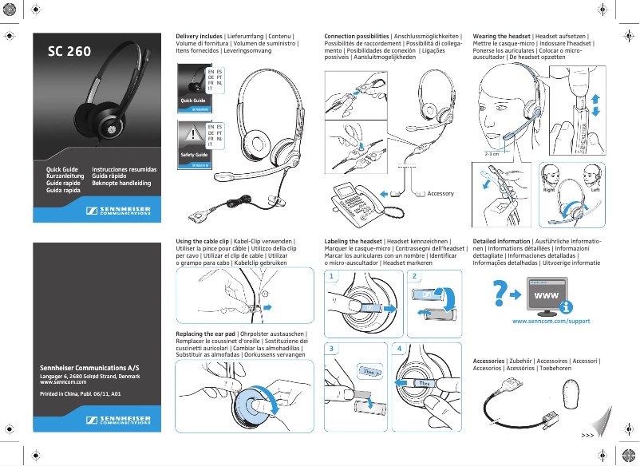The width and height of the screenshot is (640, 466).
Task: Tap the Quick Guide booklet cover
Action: point(192,88)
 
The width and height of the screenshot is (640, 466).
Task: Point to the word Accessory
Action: point(440,194)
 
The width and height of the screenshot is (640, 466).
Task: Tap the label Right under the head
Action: point(549,191)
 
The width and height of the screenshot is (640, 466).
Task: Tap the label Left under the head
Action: point(595,191)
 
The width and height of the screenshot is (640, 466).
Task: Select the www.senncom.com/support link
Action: point(550,321)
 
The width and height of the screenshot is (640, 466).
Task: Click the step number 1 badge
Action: point(331,276)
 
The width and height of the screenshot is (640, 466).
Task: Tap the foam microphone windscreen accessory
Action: point(569,395)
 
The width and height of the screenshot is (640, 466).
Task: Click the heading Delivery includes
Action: point(199,37)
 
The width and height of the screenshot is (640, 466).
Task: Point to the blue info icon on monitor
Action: point(566,306)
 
